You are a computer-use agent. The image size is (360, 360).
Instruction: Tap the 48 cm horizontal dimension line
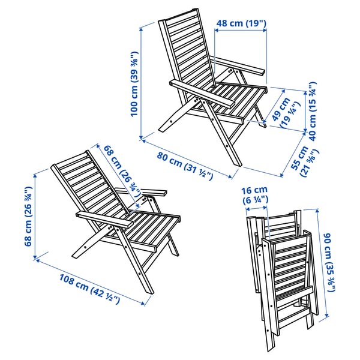(239, 33)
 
